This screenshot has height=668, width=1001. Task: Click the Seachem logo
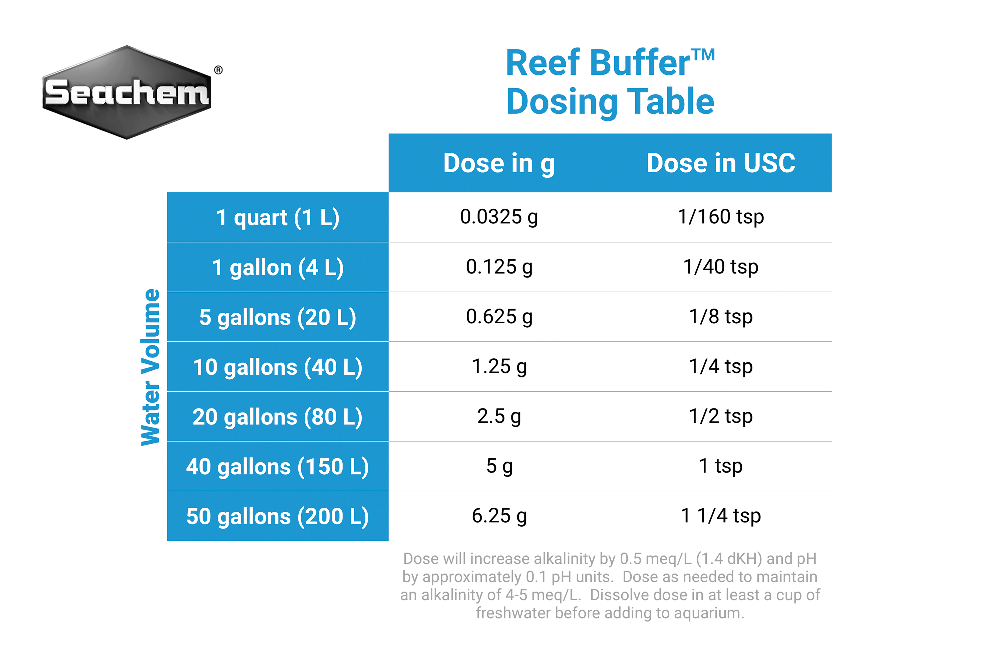pos(127,92)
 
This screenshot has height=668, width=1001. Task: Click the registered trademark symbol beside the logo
pos(218,70)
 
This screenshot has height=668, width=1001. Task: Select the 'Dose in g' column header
pos(499,163)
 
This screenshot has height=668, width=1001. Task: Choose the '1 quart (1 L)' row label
pos(278,218)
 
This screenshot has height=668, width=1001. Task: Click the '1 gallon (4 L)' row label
pos(278,268)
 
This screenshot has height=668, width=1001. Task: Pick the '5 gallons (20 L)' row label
pos(278,317)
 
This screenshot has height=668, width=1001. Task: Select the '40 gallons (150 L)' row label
pos(278,467)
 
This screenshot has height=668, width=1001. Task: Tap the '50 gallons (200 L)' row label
pos(278,516)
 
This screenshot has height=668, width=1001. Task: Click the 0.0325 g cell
pos(499,217)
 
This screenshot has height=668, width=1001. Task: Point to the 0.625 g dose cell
pos(499,317)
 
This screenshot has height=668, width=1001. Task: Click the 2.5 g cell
pos(499,416)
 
